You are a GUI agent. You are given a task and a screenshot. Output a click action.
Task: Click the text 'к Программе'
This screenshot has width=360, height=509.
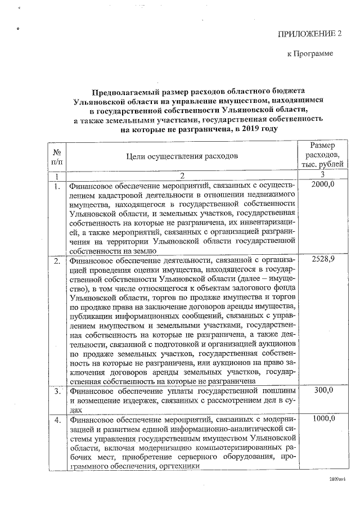pos(310,54)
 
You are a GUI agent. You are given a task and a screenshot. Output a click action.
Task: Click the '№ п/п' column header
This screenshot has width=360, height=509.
pos(57,157)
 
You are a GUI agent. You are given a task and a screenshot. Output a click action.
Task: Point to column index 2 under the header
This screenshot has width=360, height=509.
pos(182,177)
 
